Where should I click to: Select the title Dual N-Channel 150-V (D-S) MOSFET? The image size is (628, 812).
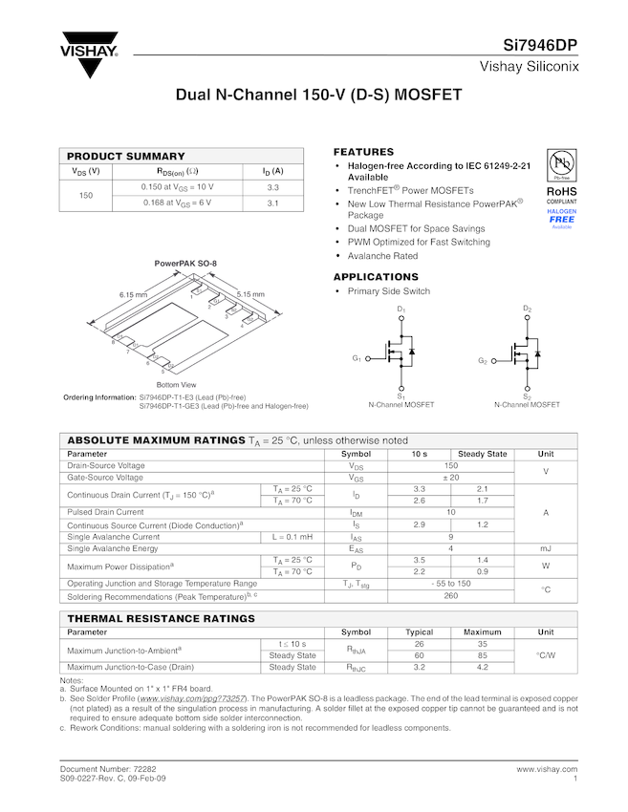pos(318,96)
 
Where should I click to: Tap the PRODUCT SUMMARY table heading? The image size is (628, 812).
pos(126,156)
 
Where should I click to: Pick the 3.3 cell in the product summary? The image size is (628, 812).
pos(272,187)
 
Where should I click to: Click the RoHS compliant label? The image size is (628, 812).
pos(561,191)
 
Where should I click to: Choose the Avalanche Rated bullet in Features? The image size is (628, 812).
pos(382,256)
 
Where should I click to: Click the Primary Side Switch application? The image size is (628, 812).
pos(389,291)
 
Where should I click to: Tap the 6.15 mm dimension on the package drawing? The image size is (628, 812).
pos(133,294)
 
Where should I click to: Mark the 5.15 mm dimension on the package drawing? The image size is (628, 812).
pos(250,294)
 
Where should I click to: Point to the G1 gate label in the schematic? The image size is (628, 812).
pos(357,358)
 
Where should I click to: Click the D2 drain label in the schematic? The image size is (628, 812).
pos(527,309)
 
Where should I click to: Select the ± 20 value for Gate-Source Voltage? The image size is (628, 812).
pos(451,477)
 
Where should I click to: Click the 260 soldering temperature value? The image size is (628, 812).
pos(451,595)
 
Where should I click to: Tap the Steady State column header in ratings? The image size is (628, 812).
pos(483,454)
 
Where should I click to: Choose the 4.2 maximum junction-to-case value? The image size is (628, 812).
pos(483,667)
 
